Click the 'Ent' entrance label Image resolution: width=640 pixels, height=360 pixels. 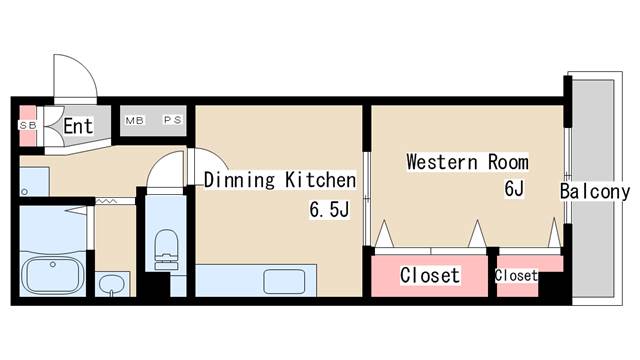[78, 127]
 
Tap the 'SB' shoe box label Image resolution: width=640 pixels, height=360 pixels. [26, 126]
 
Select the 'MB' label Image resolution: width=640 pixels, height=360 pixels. [134, 121]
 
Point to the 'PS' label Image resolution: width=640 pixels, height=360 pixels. [172, 121]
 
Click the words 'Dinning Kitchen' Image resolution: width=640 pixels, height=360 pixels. [280, 181]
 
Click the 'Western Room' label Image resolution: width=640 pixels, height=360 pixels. [466, 162]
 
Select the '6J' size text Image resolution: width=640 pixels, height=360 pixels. [515, 188]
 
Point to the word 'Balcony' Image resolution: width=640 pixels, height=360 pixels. [595, 192]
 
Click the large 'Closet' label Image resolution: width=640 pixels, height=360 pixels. [430, 275]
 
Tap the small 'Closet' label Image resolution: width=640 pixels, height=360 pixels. [516, 275]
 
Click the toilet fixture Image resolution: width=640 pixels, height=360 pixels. [165, 246]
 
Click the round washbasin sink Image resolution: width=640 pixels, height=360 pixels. [113, 282]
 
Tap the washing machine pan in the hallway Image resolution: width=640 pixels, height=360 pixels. [33, 182]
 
